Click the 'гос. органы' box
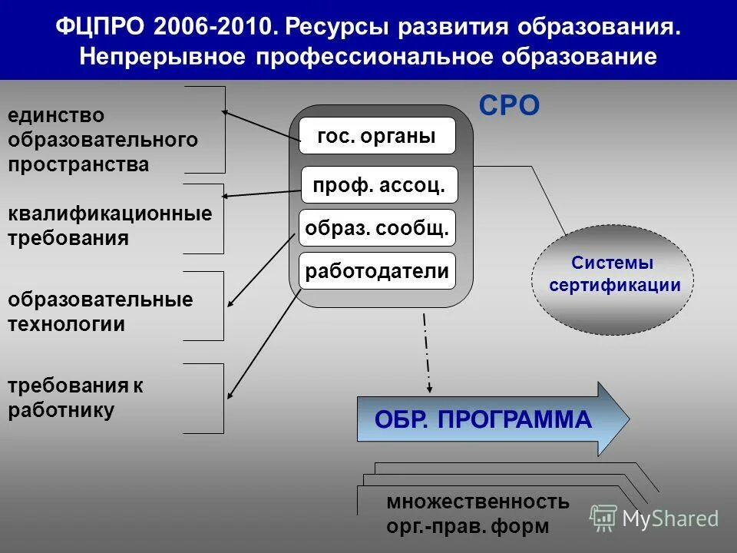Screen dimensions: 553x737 pos(377,136)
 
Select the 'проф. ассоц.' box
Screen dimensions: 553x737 pos(379,185)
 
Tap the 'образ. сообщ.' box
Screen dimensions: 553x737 pos(377,228)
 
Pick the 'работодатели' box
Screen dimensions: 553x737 pos(377,270)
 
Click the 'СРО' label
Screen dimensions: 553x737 pos(510,106)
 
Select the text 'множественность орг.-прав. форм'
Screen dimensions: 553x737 pos(478,514)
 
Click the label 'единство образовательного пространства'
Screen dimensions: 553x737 pos(103,140)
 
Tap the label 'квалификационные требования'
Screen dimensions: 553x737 pos(109,225)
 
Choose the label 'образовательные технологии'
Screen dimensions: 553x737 pos(100,312)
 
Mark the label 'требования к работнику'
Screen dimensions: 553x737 pos(75,398)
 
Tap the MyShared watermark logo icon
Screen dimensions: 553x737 pos(603,518)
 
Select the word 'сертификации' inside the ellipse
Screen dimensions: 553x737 pos(615,286)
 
